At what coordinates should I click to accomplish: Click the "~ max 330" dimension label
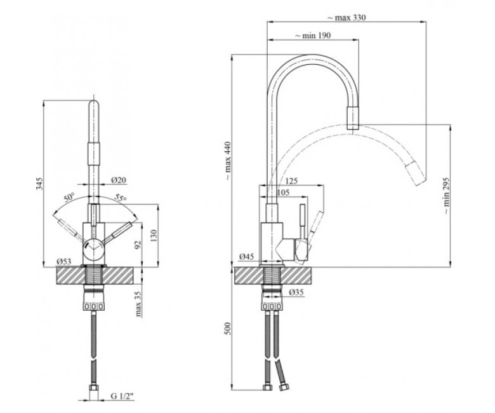coord(346,17)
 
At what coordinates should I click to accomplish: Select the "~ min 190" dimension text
coord(313,36)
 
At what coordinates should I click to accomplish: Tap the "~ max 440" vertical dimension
coord(228,161)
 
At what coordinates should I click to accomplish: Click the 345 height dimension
coord(39,184)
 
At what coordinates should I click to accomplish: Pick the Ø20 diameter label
coord(119,180)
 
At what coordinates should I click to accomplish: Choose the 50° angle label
coord(69,197)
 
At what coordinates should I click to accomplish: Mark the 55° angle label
coord(121,198)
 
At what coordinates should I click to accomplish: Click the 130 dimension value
coord(154,236)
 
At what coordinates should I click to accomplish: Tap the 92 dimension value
coord(138,245)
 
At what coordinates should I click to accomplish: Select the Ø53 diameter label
coord(63,261)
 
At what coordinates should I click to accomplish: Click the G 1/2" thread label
coord(122,396)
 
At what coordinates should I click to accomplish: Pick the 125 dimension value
coord(291,181)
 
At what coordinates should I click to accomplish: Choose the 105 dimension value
coord(283,193)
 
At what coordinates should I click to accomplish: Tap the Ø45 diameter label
coord(246,257)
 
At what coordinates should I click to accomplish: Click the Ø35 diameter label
coord(296,292)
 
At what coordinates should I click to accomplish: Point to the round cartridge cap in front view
coord(93,249)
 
